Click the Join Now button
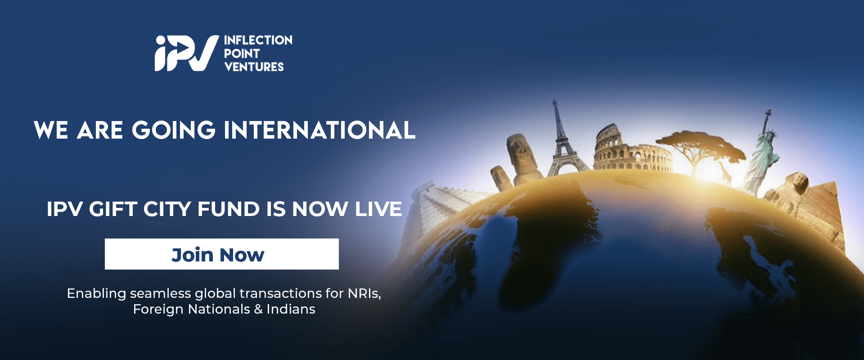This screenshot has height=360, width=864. [221, 254]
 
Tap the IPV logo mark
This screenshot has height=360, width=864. [187, 53]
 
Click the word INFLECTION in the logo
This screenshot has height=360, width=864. [258, 40]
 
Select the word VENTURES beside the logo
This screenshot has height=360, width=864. [254, 67]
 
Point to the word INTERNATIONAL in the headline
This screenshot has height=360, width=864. [319, 130]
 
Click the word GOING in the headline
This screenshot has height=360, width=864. [174, 130]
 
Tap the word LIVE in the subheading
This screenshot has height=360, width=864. [378, 209]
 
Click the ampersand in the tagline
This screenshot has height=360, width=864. [258, 309]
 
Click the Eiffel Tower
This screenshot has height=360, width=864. [562, 139]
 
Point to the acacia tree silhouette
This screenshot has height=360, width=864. [697, 146]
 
